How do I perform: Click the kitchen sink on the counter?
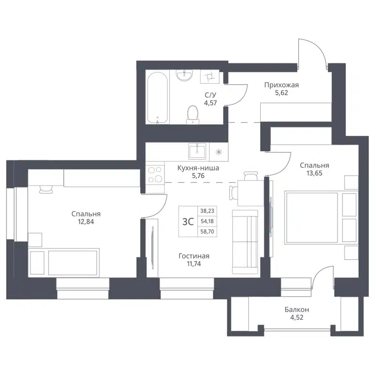(x=197, y=150)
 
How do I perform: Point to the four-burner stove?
(x=155, y=175)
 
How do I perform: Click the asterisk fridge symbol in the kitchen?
(x=218, y=151)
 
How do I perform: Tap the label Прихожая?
(x=281, y=85)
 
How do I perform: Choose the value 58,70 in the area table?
(x=206, y=231)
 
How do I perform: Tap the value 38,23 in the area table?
(x=206, y=211)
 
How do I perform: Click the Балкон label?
(x=297, y=310)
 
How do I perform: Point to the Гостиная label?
(x=194, y=256)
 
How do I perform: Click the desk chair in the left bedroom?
(x=46, y=188)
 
